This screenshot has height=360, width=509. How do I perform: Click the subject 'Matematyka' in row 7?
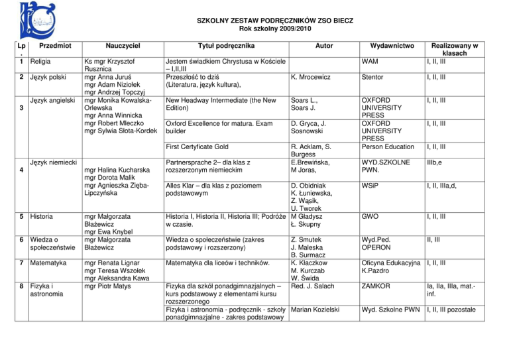(42, 263)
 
